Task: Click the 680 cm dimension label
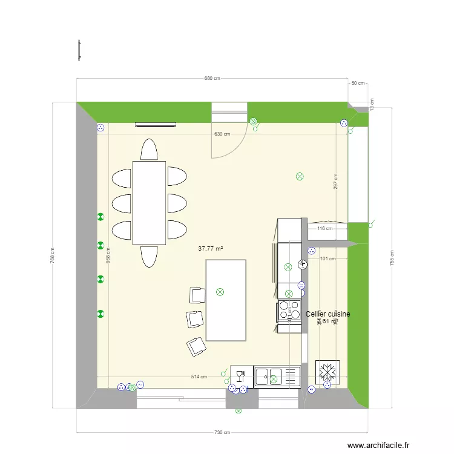(x=212, y=78)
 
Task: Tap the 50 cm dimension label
(x=358, y=83)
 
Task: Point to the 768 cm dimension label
(x=53, y=257)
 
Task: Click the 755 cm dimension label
(x=392, y=258)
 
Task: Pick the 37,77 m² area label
(x=211, y=248)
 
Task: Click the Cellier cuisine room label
(x=327, y=314)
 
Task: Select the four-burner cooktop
(x=289, y=310)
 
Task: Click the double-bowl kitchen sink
(x=277, y=376)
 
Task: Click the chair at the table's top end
(x=149, y=150)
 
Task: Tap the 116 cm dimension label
(x=325, y=229)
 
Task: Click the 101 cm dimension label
(x=327, y=259)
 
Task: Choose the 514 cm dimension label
(x=199, y=377)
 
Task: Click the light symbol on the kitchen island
(x=220, y=292)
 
